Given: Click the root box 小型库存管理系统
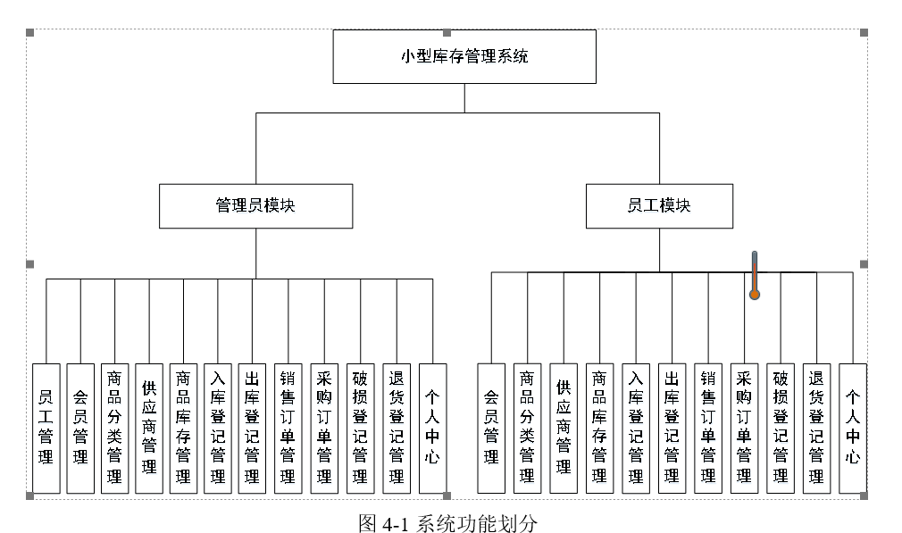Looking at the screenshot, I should (x=464, y=56).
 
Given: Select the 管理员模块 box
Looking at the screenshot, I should (x=255, y=205).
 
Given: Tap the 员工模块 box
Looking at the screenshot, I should (x=659, y=205).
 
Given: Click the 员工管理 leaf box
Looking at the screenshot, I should (x=46, y=428).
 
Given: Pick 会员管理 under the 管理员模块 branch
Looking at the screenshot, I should (x=80, y=428).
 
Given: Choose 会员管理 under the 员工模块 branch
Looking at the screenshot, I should (x=491, y=428).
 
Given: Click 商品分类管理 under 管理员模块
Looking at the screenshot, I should (x=114, y=428).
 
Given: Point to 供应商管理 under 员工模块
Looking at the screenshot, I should (x=564, y=428).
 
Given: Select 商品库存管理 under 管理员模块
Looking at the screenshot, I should (x=183, y=428).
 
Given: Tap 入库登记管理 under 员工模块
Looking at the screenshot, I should (x=636, y=428).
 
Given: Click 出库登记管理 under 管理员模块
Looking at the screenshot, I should (x=252, y=428).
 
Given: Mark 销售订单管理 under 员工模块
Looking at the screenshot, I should (x=708, y=428).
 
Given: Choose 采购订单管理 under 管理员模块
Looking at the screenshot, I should (x=323, y=428).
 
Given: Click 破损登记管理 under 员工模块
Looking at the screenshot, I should (x=781, y=428).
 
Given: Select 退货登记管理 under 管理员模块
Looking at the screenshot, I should (x=396, y=428).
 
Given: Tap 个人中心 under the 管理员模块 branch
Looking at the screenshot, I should (x=432, y=428).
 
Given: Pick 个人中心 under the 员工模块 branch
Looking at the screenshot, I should (x=853, y=428).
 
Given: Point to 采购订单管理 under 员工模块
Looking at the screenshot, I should (x=744, y=428).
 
